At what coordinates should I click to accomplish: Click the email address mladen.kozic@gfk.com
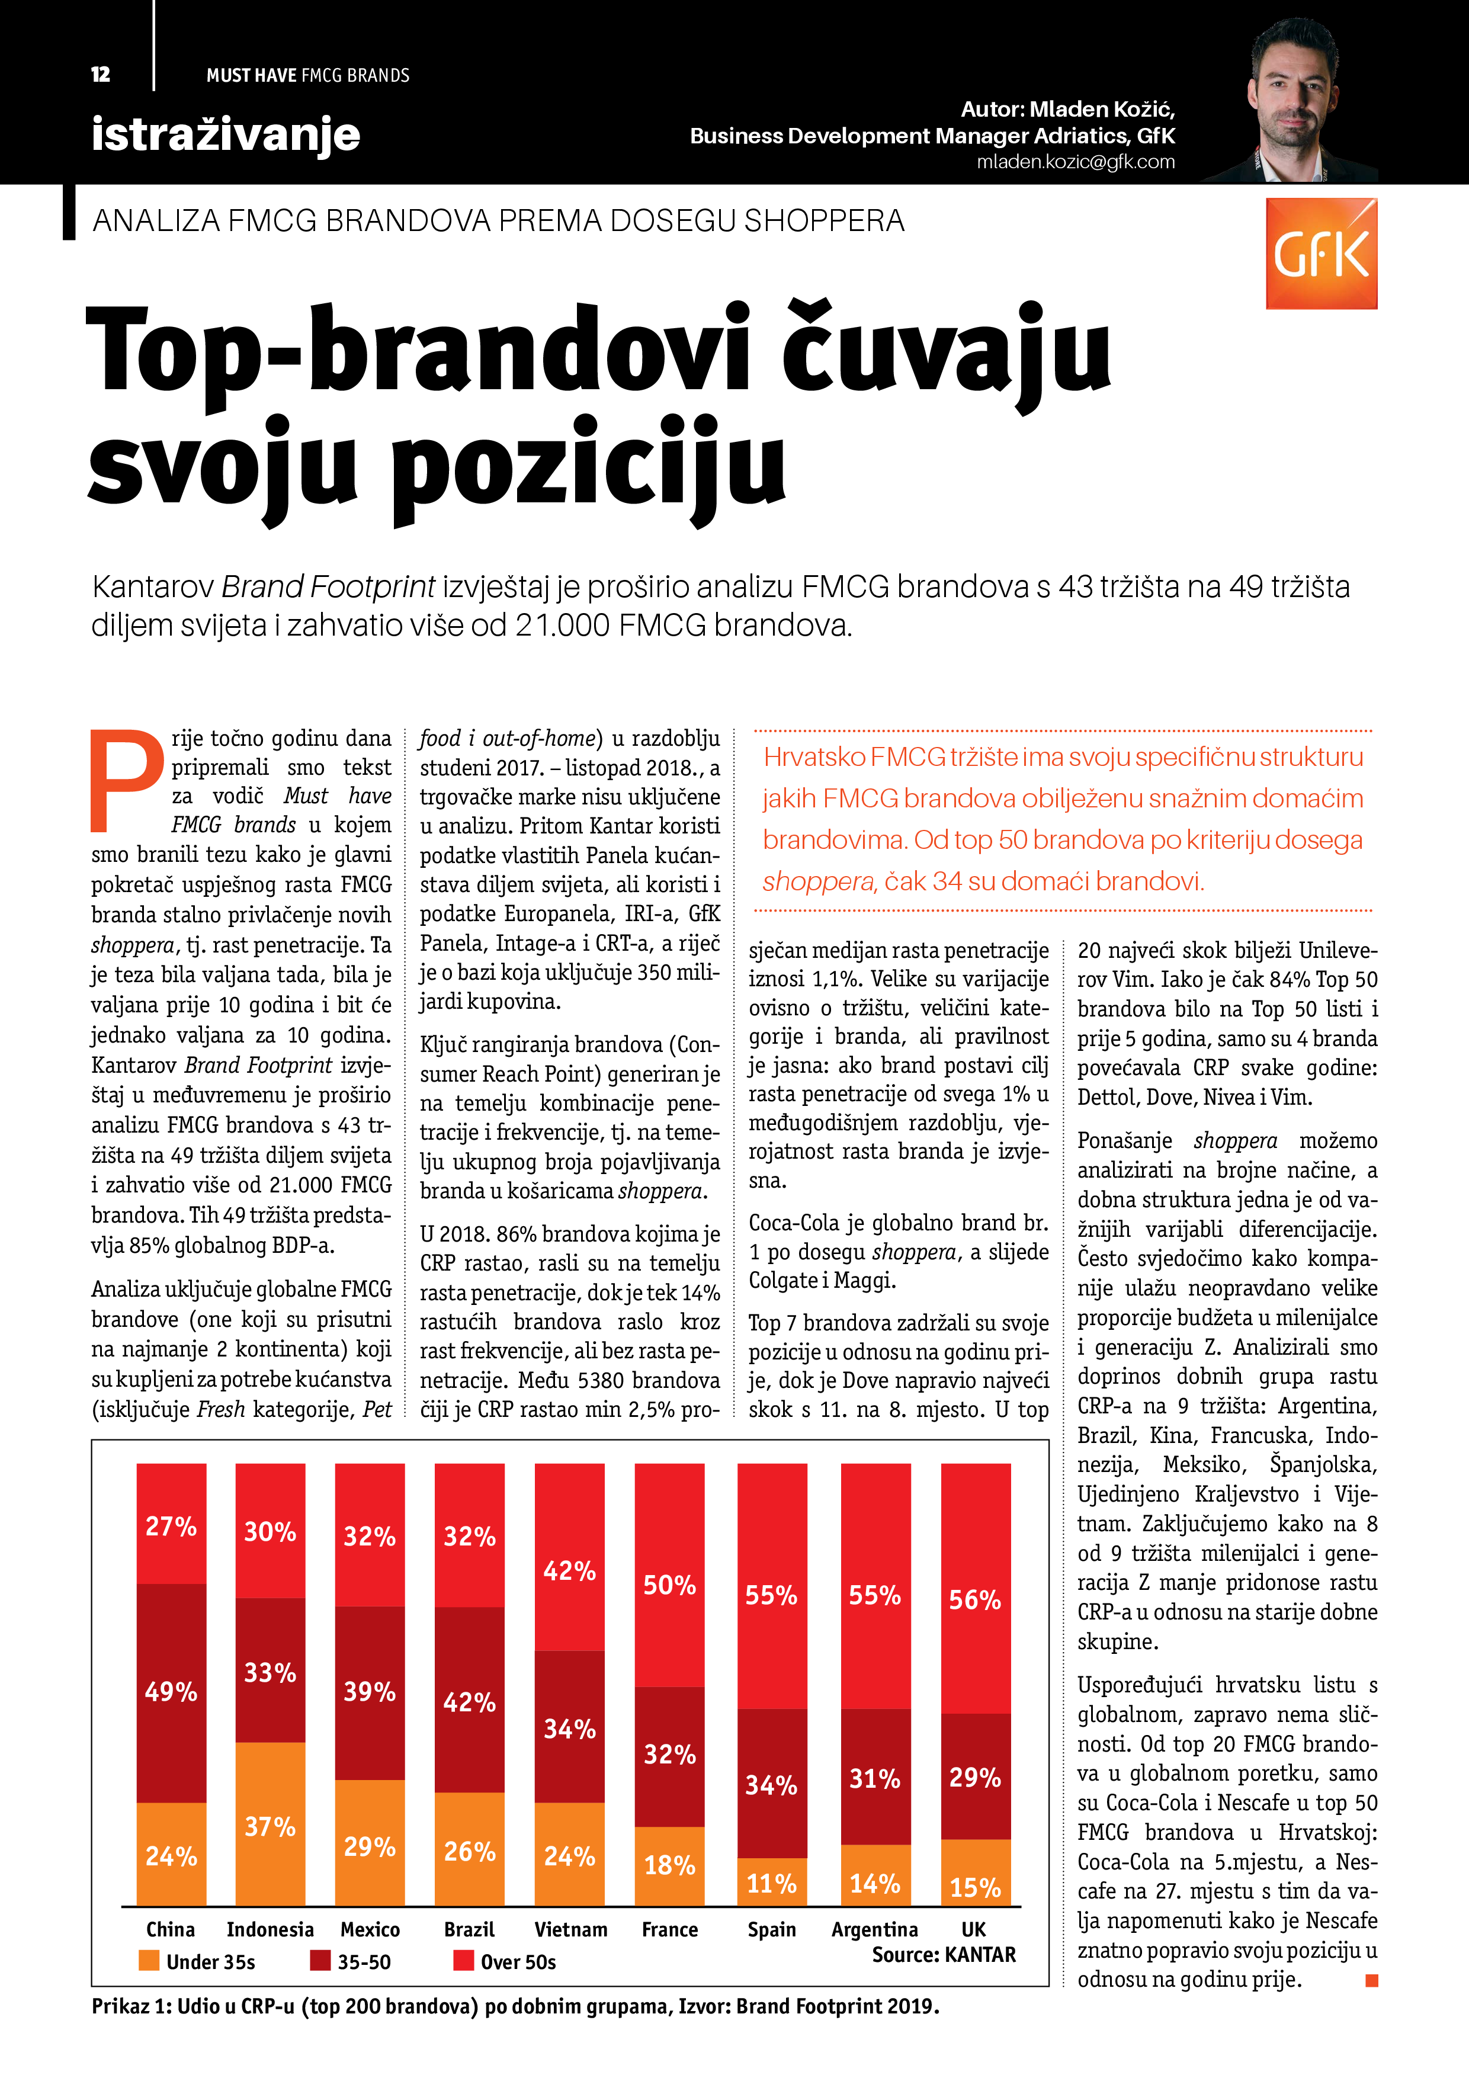coord(1075,162)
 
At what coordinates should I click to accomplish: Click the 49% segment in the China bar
coord(171,1692)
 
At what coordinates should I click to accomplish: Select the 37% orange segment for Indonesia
coord(270,1826)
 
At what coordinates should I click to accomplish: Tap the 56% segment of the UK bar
coord(975,1600)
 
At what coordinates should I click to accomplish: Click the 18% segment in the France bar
coord(670,1865)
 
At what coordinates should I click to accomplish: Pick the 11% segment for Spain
coord(771,1884)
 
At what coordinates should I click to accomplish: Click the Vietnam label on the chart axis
coord(570,1929)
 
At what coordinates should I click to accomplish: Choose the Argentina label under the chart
coord(874,1929)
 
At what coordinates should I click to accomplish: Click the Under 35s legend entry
coord(197,1962)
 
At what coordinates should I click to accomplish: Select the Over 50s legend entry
coord(505,1962)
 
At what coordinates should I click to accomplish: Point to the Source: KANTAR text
coord(943,1955)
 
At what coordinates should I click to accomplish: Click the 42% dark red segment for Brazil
coord(470,1701)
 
